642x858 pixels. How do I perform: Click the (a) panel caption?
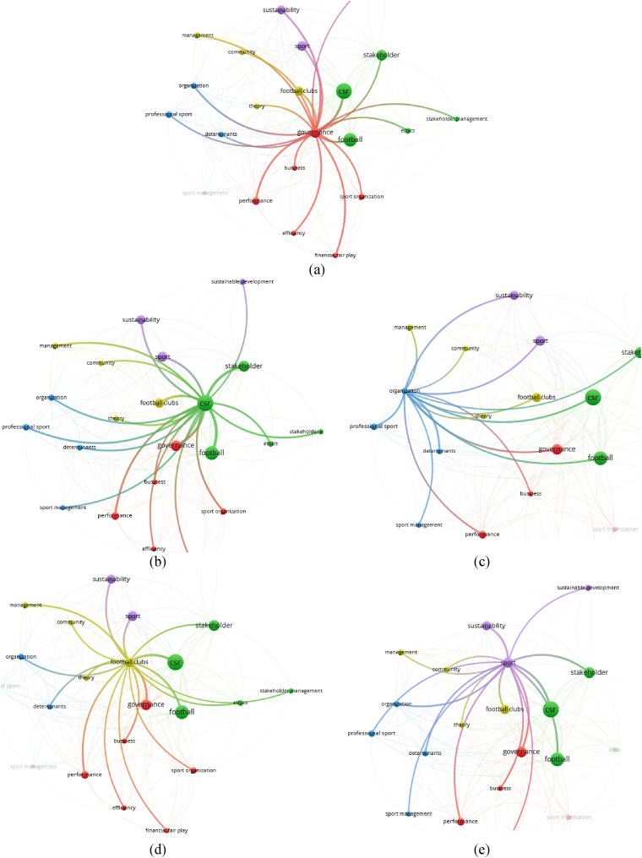coord(317,270)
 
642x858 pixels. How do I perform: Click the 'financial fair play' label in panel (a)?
coord(335,255)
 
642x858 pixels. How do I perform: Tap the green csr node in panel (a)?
coord(343,91)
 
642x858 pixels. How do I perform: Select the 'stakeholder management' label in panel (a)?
coord(457,119)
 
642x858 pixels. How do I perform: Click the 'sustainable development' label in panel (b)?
coord(242,281)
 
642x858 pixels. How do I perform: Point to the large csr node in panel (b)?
coord(204,405)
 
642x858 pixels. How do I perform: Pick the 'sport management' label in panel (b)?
coord(63,508)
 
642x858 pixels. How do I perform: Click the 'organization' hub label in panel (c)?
coord(405,390)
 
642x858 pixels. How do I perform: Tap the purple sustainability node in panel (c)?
coord(514,296)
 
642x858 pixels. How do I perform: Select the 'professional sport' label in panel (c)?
coord(373,426)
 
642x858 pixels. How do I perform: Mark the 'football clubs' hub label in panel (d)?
coord(129,662)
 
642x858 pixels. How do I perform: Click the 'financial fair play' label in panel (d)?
coord(166,830)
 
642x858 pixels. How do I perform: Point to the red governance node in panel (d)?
coord(146,704)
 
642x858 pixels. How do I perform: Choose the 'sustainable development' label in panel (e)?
coord(588,587)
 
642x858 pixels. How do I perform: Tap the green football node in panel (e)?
coord(557,759)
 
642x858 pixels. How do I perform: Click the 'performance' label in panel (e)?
coord(460,821)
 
